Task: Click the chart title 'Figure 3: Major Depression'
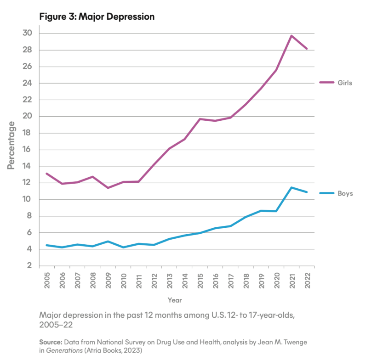[x=97, y=17]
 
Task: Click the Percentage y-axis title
[x=11, y=145]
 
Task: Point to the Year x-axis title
[x=174, y=300]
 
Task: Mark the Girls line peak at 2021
[x=292, y=36]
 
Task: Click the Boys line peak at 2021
[x=292, y=187]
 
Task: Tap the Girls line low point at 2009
[x=108, y=188]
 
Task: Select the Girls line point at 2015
[x=200, y=119]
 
